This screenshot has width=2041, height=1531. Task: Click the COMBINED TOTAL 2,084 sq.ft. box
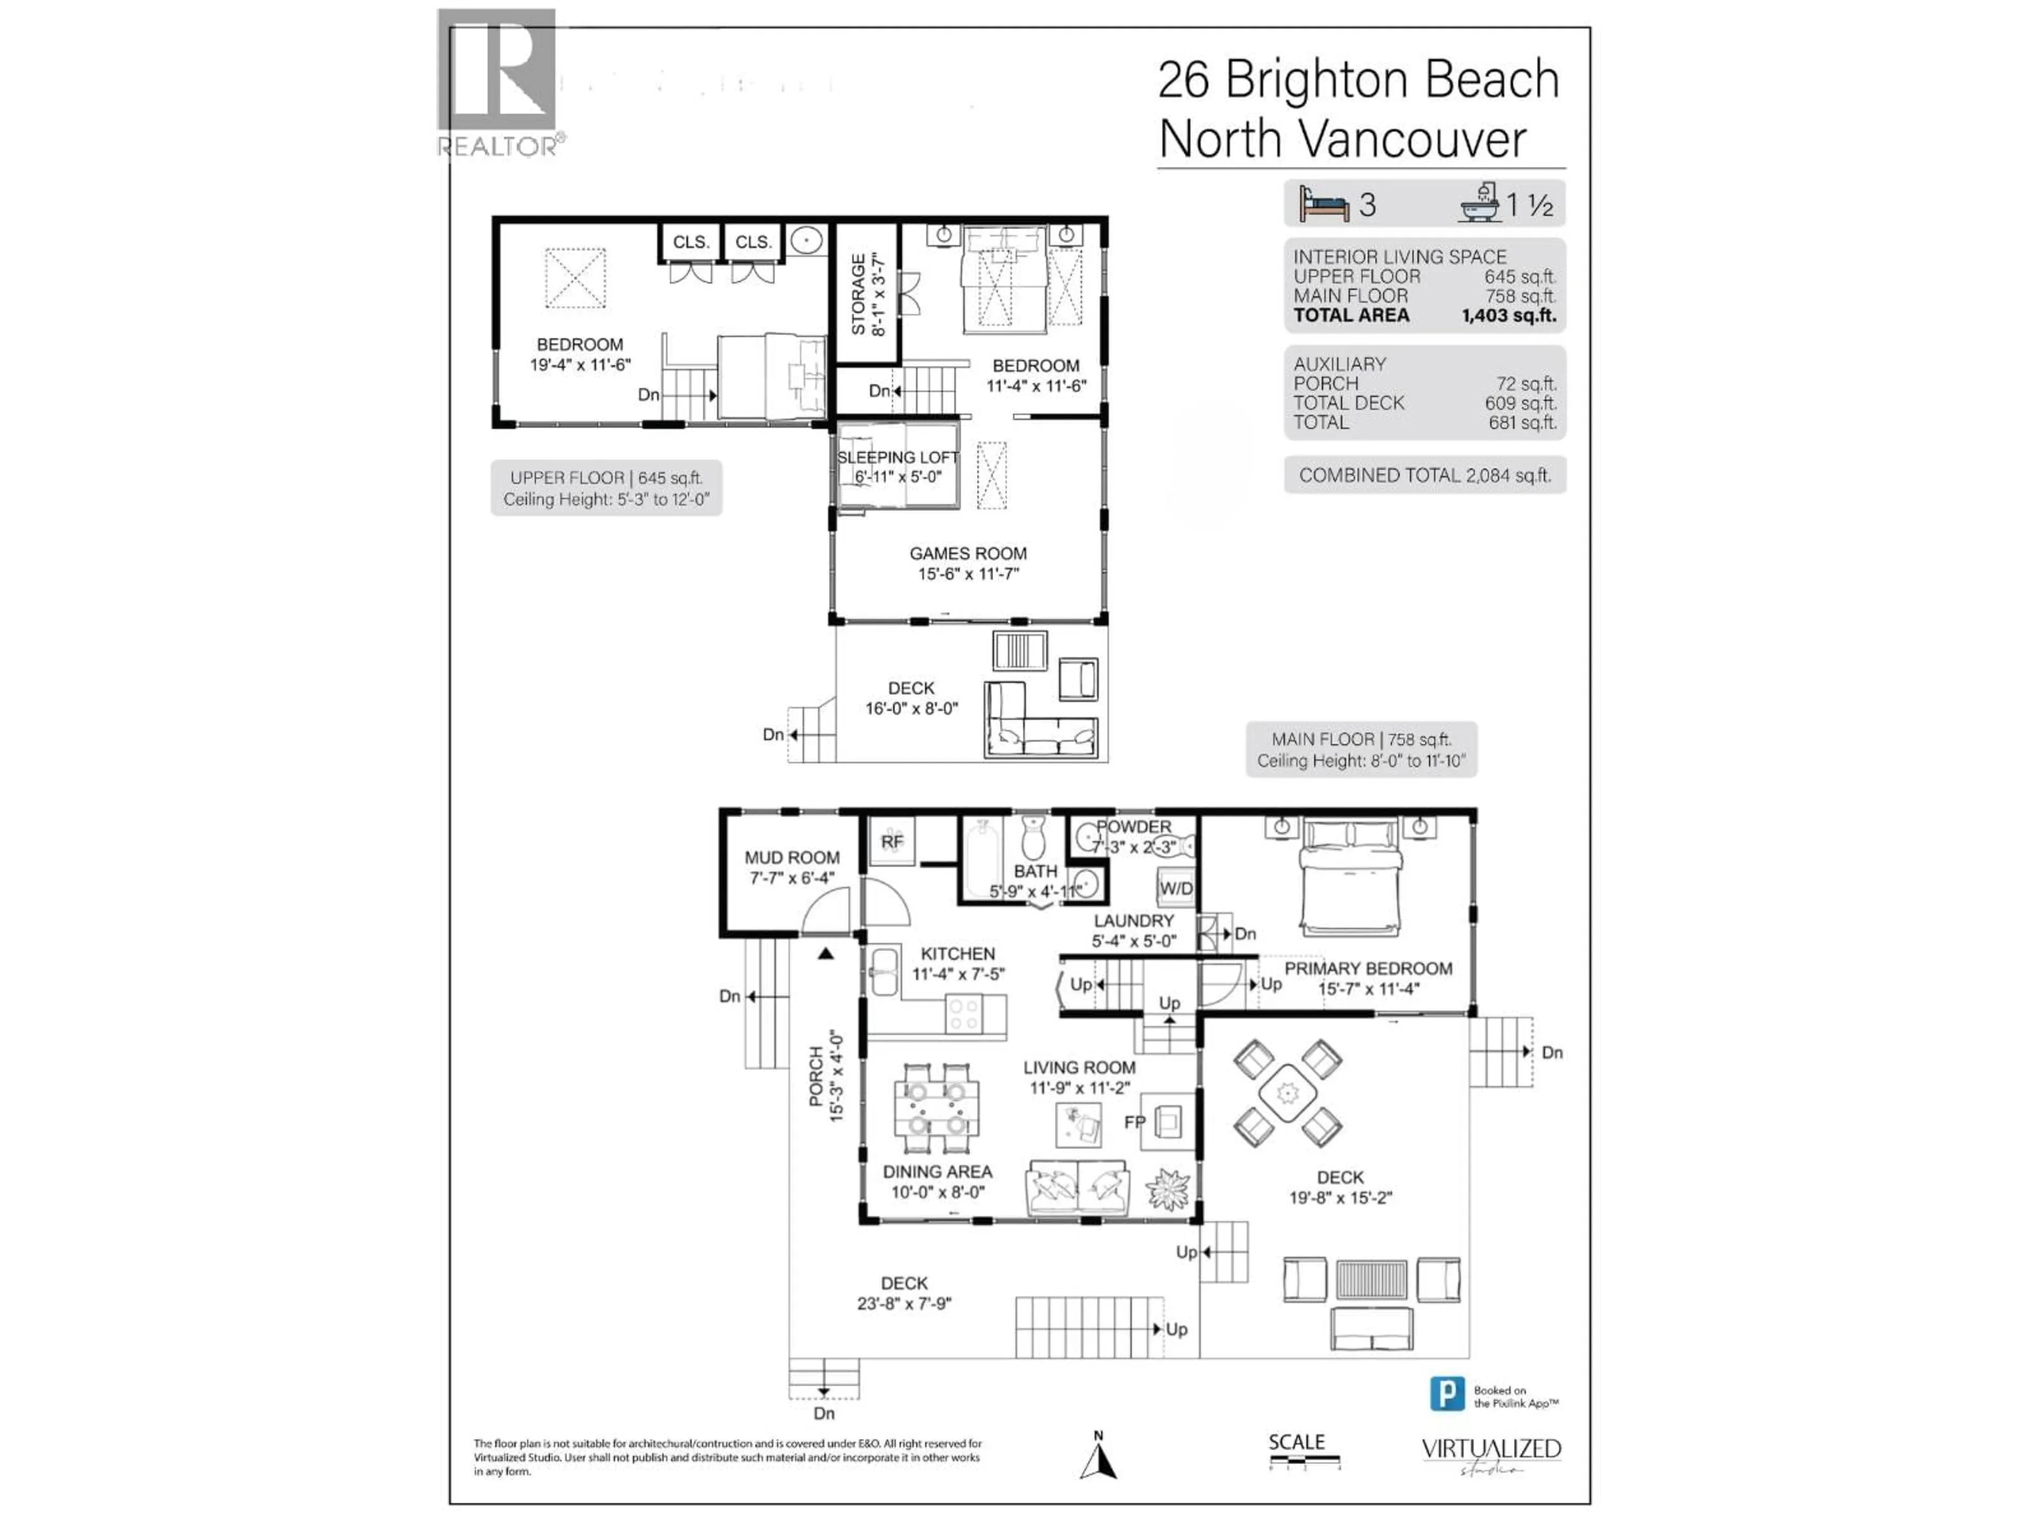[x=1424, y=475]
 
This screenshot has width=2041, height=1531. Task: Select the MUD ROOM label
[x=791, y=857]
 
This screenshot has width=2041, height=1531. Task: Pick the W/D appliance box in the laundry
[x=1176, y=888]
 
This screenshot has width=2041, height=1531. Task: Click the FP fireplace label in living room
[x=1134, y=1122]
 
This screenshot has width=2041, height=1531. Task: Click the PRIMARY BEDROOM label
[x=1368, y=968]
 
